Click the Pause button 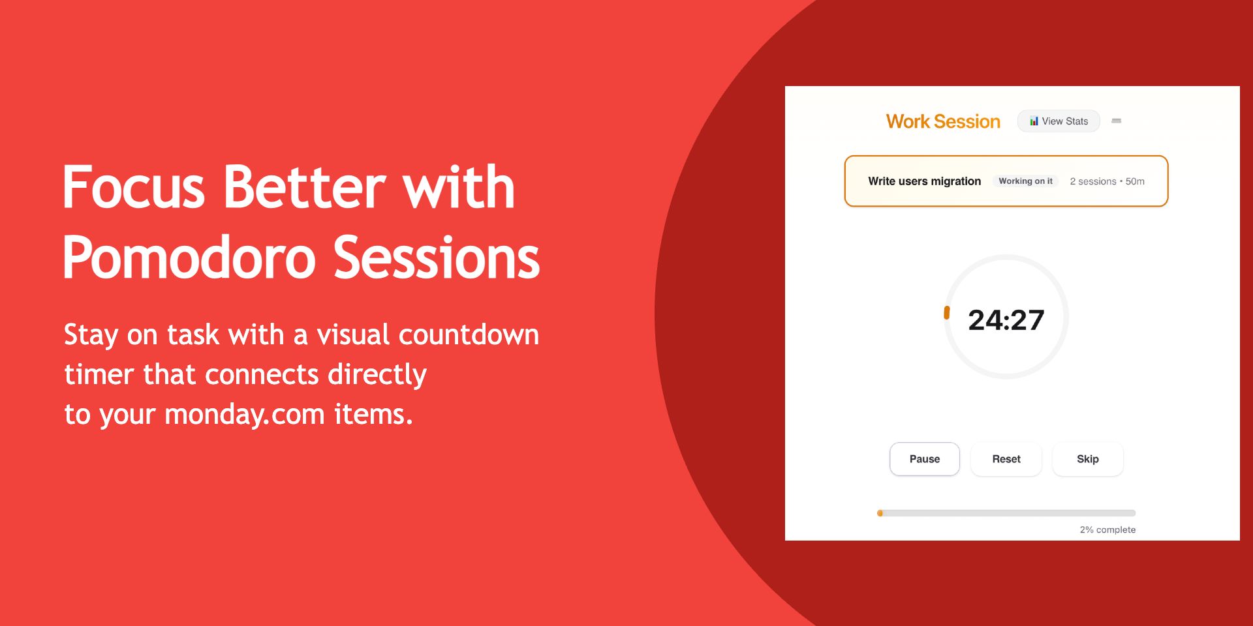(x=925, y=459)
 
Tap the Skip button (x=1088, y=459)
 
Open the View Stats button (x=1059, y=121)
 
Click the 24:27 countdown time (x=1006, y=320)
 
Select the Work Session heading (x=943, y=121)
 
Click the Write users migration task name (x=924, y=181)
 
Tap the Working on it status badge (x=1025, y=181)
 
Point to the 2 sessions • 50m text (x=1107, y=181)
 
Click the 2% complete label (x=1107, y=529)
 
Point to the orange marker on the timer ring (x=947, y=313)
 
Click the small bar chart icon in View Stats (x=1034, y=121)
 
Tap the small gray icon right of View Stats (x=1117, y=121)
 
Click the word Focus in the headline (x=134, y=188)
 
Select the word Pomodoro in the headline (x=190, y=258)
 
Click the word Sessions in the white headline (x=437, y=258)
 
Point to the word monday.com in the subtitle (x=245, y=415)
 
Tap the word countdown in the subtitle (x=469, y=335)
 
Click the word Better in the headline (x=305, y=188)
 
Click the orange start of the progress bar (x=880, y=513)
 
